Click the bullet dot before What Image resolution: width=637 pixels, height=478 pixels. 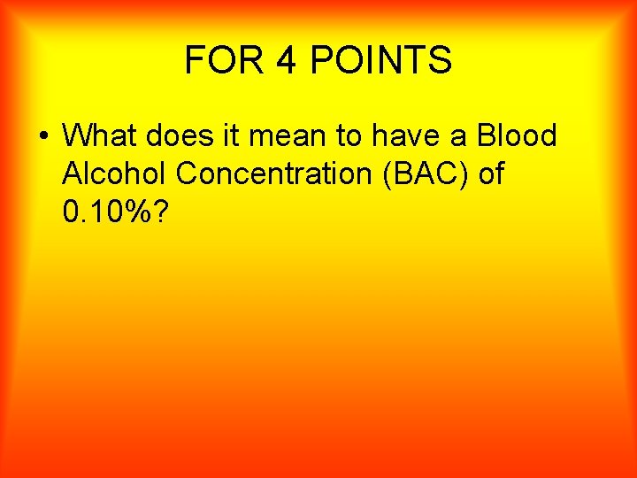42,137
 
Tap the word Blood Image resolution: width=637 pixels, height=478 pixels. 517,135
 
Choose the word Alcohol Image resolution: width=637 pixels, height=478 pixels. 116,173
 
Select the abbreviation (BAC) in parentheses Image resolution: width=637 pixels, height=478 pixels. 418,173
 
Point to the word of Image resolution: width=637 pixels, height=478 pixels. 490,173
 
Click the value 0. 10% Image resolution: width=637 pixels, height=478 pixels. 114,212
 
